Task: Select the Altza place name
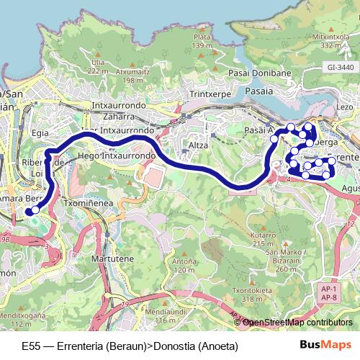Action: coord(197,145)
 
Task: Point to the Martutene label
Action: coord(110,257)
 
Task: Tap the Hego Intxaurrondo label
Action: coord(116,155)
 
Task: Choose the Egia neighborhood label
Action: coord(40,132)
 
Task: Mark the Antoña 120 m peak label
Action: coord(184,266)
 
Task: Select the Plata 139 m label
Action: coord(202,41)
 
